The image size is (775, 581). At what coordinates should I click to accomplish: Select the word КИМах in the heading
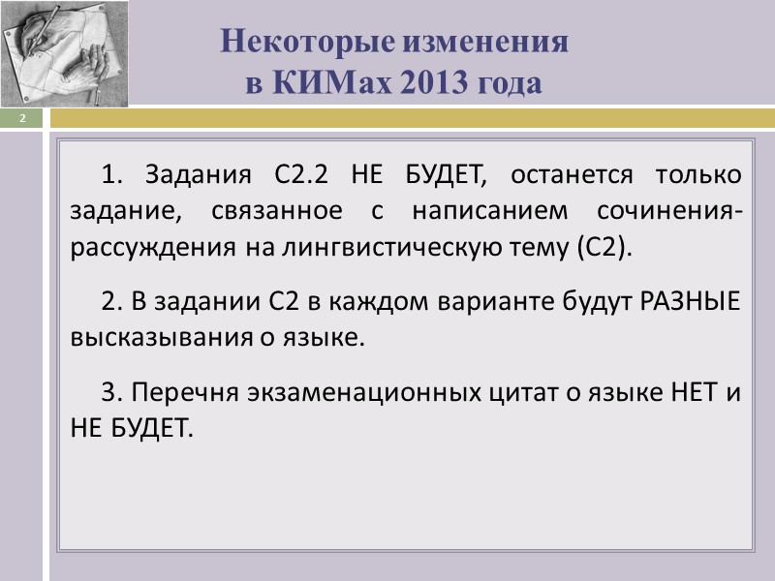330,84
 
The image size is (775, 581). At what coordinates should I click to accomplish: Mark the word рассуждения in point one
139,246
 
